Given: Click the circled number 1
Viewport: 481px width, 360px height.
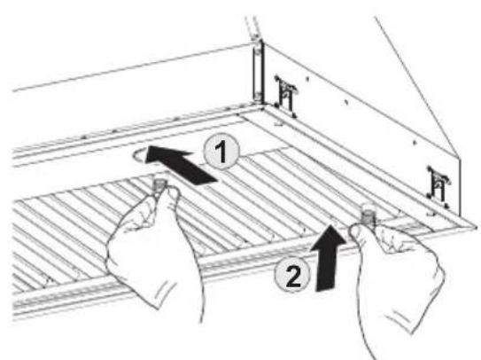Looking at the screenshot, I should (221, 152).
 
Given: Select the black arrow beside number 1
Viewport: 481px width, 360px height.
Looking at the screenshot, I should (182, 165).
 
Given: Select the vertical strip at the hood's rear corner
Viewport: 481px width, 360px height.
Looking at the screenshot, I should (257, 69).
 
